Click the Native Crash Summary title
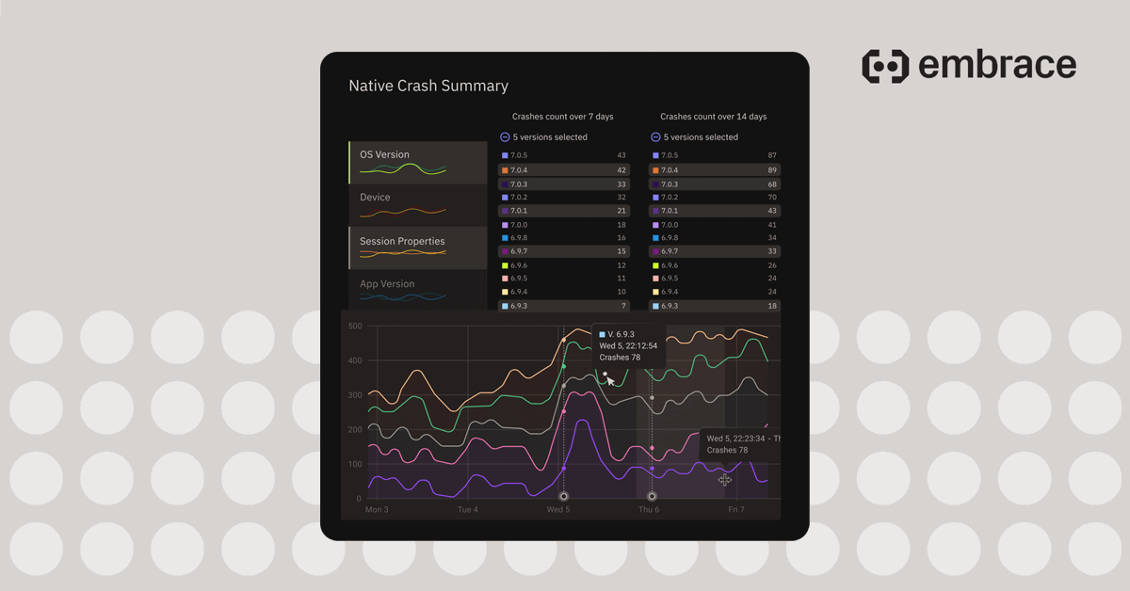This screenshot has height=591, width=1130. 428,86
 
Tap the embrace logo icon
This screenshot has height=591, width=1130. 885,66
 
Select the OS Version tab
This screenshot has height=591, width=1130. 417,162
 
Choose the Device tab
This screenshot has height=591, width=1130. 417,204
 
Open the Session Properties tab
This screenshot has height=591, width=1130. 417,248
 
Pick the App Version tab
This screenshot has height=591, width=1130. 417,290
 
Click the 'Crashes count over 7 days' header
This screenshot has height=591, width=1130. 562,117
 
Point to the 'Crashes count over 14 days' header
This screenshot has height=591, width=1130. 713,117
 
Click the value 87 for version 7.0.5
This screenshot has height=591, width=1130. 772,155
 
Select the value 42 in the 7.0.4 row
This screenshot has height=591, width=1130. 621,170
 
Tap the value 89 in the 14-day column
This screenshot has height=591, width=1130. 772,170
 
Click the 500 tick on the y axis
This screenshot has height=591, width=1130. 355,327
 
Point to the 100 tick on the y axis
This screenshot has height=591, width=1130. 355,464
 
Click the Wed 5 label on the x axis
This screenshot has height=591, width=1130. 558,509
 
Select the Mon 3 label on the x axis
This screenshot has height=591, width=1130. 377,509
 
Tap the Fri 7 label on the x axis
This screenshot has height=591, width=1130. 736,509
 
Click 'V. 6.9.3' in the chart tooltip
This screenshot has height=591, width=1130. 621,334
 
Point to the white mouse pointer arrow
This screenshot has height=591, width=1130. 611,381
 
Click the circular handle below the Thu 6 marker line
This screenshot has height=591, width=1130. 652,496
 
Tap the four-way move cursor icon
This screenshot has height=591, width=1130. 724,480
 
